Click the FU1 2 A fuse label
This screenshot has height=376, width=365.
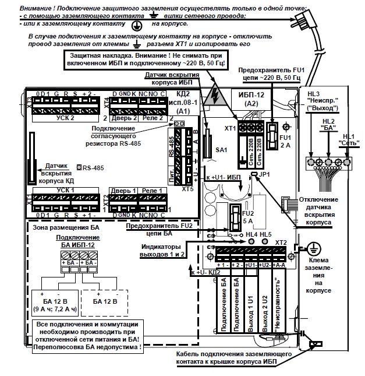pos(285,142)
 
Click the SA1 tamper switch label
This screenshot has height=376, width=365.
pos(221,150)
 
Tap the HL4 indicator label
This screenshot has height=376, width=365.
pos(251,234)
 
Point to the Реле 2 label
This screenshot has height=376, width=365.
pos(154,118)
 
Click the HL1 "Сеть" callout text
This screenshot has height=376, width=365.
pos(348,139)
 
